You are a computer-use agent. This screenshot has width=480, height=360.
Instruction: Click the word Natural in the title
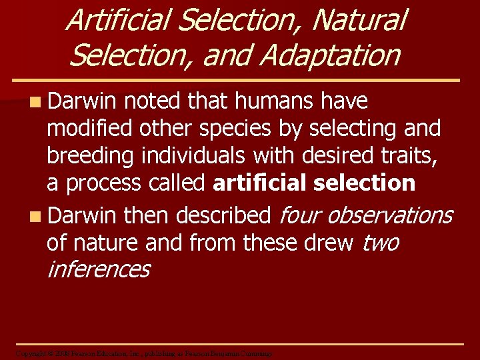point(359,19)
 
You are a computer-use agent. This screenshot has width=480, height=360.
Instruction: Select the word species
point(213,128)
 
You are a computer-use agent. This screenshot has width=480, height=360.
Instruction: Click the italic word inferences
point(97,269)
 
